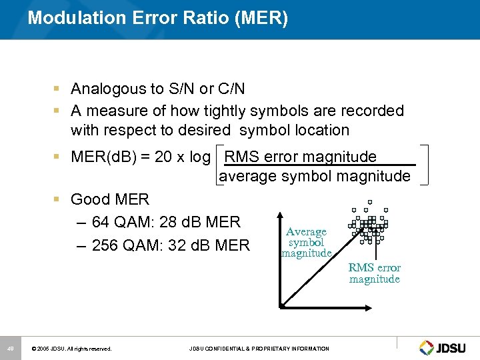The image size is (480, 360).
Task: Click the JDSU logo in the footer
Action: (445, 347)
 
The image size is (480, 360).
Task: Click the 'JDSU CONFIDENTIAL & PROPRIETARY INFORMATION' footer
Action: (259, 349)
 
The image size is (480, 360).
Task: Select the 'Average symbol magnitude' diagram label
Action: (306, 243)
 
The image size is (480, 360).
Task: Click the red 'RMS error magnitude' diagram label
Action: (374, 273)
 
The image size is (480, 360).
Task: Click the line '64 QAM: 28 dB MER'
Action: (165, 222)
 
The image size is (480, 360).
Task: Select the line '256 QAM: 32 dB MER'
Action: (170, 245)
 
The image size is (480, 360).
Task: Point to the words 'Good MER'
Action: (110, 199)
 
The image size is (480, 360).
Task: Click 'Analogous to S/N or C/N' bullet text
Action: (158, 89)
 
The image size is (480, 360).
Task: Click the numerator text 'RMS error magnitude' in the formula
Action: (301, 157)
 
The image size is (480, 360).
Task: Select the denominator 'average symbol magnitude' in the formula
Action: (315, 176)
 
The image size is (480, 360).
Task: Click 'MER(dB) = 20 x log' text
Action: (140, 157)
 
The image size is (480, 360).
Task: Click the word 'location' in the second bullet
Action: (317, 130)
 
